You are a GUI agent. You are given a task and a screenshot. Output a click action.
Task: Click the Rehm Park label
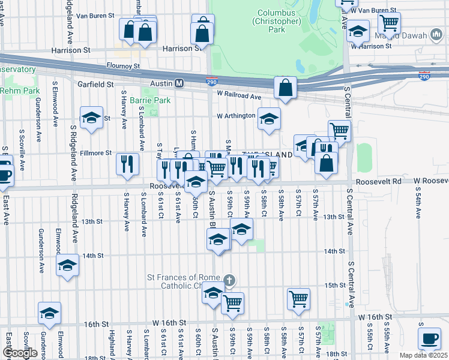click(x=20, y=91)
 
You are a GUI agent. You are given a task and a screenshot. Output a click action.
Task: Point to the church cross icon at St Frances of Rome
click(x=228, y=280)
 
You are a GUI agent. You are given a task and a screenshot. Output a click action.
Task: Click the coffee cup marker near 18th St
click(x=430, y=338)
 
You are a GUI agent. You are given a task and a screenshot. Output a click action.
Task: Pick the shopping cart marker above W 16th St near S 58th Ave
click(x=298, y=298)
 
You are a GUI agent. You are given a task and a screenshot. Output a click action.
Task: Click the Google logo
click(x=20, y=353)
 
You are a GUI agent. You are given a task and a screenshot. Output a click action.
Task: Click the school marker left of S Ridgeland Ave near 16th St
click(x=49, y=313)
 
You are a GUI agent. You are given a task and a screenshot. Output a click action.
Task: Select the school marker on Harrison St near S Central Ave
click(x=358, y=31)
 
